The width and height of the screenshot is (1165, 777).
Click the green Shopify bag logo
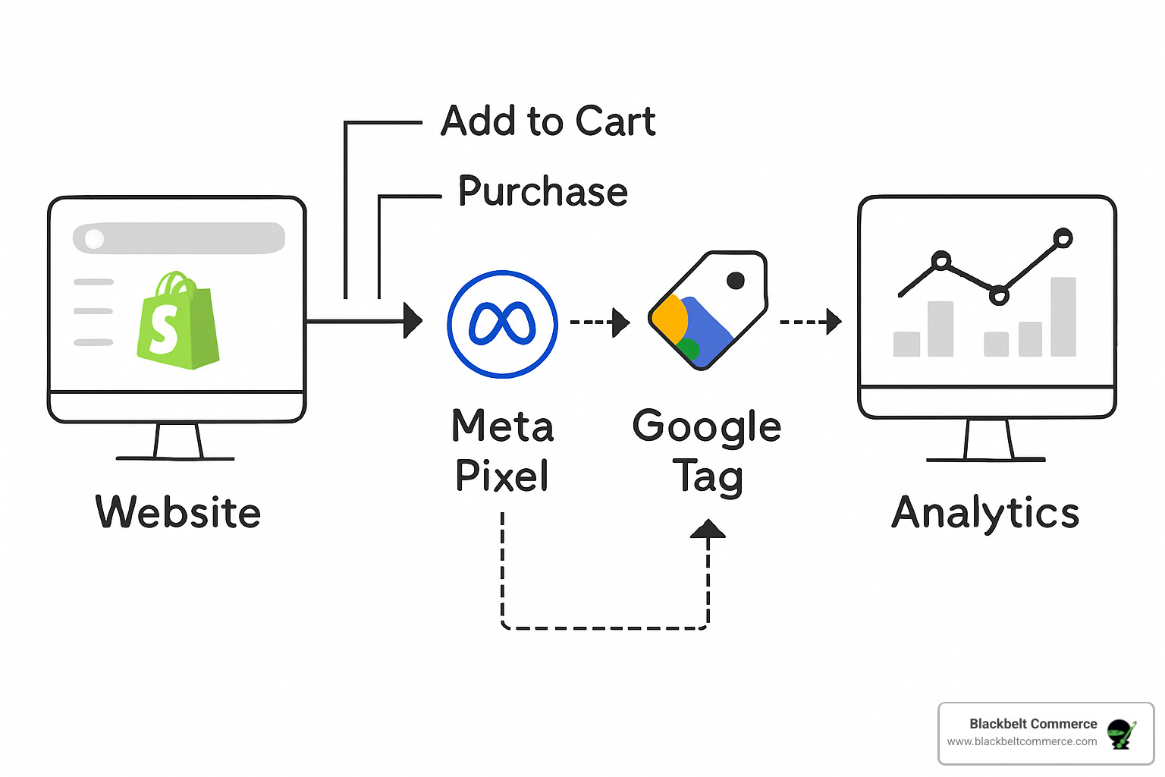(x=178, y=322)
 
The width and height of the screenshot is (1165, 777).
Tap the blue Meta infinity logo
(x=502, y=323)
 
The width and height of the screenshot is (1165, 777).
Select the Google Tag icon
(x=708, y=311)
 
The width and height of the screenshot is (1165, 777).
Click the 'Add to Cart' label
(x=548, y=121)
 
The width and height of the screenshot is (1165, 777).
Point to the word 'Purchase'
(x=543, y=191)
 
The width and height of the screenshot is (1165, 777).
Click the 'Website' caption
(x=178, y=512)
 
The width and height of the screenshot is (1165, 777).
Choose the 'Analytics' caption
(x=985, y=512)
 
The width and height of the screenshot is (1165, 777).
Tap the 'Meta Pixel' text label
(x=502, y=450)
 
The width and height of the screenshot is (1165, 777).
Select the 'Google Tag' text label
(x=707, y=451)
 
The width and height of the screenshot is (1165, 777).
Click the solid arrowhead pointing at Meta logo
(x=413, y=321)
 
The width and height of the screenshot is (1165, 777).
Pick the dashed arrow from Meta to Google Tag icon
(x=600, y=322)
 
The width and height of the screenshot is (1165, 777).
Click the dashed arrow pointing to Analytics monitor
(x=811, y=322)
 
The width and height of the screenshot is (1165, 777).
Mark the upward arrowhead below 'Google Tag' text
(x=708, y=530)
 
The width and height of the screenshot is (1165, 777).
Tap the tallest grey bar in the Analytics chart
(x=1063, y=316)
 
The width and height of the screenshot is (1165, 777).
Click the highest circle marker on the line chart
(x=1063, y=238)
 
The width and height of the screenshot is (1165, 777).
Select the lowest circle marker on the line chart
(x=999, y=295)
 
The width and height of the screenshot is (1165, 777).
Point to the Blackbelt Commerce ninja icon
(x=1121, y=734)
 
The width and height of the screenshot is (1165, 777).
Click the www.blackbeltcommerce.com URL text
(x=1022, y=742)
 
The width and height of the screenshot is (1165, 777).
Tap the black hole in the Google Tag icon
(x=735, y=281)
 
